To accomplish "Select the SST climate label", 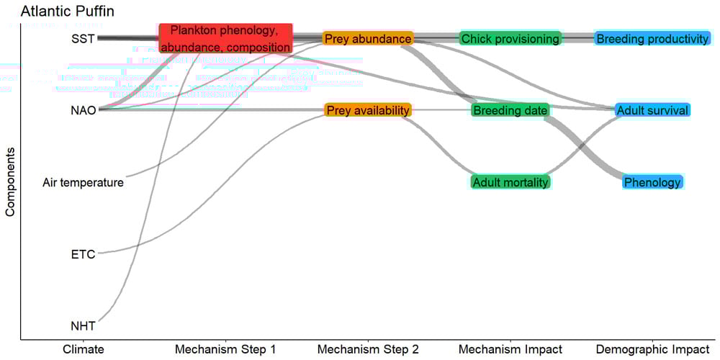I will tap(83, 38).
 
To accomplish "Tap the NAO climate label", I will tap(83, 110).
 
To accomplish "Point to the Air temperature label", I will tap(83, 182).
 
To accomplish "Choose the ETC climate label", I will tap(83, 253).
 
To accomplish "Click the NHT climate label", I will tap(83, 325).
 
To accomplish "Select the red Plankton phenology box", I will tap(225, 38).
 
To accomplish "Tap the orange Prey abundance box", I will tap(368, 38).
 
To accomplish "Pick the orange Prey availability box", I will tap(368, 110).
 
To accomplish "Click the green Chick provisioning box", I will tap(510, 38).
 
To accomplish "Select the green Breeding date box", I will tap(510, 110).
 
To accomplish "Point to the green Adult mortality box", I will tap(510, 182).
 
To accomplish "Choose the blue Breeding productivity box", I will tap(652, 38).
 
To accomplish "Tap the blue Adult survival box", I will tap(652, 110).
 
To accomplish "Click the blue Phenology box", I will tap(652, 182).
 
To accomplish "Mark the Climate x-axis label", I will tap(83, 350).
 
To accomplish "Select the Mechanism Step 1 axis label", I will tap(225, 350).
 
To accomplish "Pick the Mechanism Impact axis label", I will tap(510, 350).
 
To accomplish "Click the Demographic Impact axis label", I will tap(652, 350).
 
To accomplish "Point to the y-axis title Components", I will tap(10, 183).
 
